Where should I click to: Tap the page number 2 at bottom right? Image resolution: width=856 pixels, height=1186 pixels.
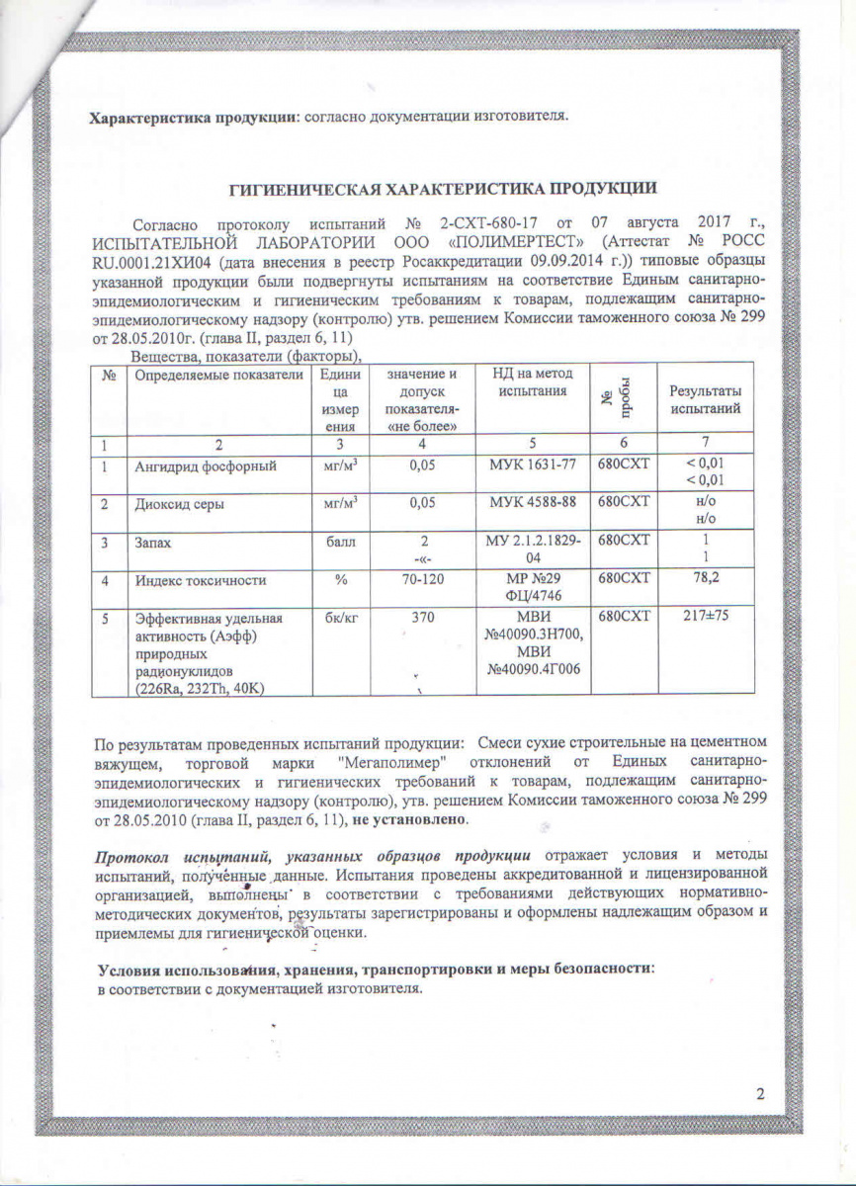[760, 1094]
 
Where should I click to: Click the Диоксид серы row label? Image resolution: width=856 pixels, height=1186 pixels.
[178, 504]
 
